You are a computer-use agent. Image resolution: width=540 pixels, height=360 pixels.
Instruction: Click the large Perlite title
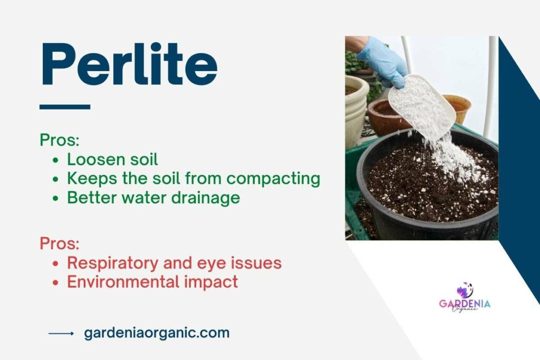(129, 65)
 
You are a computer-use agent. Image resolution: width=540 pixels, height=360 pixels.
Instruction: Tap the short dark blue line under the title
(65, 106)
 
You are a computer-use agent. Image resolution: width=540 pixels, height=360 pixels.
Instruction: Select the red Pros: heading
(59, 244)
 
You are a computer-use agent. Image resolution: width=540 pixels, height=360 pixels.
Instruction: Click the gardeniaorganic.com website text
(157, 333)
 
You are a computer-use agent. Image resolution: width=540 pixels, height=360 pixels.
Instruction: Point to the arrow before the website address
(61, 333)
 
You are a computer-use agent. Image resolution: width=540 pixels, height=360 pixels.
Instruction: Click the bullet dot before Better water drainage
(56, 198)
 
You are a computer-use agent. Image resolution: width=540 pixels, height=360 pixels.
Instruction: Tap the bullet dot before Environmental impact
(56, 283)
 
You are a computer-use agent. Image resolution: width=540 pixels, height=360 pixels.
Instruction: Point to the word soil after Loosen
(143, 159)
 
